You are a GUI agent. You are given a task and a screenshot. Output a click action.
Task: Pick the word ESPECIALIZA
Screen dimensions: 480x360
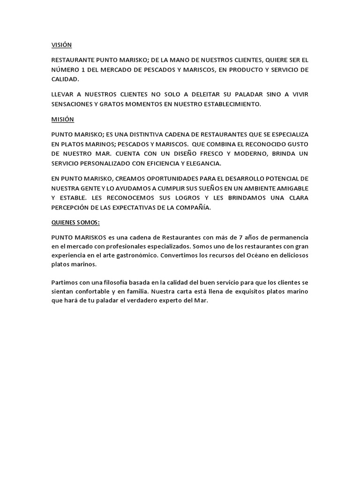point(287,134)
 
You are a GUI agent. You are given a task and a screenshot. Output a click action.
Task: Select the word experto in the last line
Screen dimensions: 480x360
point(171,301)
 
